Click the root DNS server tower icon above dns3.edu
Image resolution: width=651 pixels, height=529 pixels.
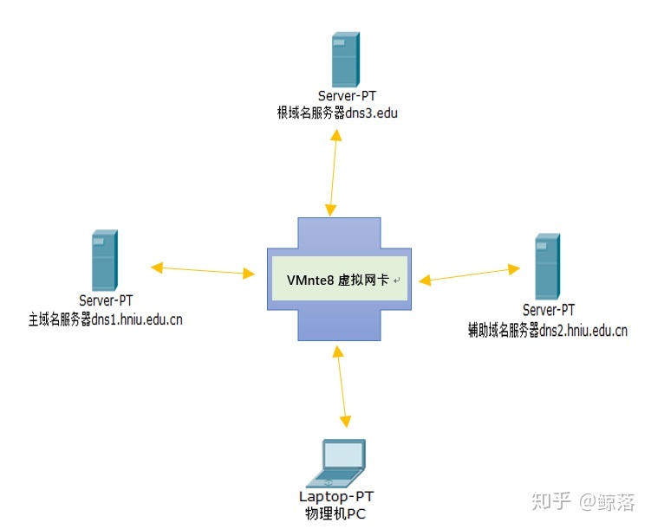coord(345,59)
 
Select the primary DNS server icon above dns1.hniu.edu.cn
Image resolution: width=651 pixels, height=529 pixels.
coord(105,261)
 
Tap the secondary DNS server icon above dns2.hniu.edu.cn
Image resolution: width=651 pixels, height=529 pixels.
coord(547,267)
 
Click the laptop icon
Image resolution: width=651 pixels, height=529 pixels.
coord(336,463)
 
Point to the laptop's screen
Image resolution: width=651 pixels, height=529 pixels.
coord(343,455)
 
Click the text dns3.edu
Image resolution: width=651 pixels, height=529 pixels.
coord(371,113)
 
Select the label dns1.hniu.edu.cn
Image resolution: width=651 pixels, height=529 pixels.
coord(137,319)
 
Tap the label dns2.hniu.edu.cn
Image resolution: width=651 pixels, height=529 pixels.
coord(583,331)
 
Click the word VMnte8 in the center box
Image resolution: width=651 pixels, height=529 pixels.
coord(310,281)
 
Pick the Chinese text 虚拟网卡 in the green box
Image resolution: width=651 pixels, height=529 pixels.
coord(363,281)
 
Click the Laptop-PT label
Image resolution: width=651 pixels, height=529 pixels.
coord(336,497)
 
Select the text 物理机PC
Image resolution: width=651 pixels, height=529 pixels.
coord(335,514)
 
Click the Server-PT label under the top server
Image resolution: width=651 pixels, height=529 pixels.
coord(347,96)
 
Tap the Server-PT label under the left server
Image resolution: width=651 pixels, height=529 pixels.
coord(106,300)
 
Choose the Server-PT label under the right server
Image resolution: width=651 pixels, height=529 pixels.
coord(549,310)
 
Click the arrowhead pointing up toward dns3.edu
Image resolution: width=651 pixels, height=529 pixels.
coord(336,135)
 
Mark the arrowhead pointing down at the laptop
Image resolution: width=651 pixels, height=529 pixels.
coord(345,422)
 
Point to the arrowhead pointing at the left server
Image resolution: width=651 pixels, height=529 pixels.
coord(157,268)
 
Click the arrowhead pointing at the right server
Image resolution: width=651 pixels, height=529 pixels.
coord(514,269)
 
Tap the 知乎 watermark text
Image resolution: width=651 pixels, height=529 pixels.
coord(551,500)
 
